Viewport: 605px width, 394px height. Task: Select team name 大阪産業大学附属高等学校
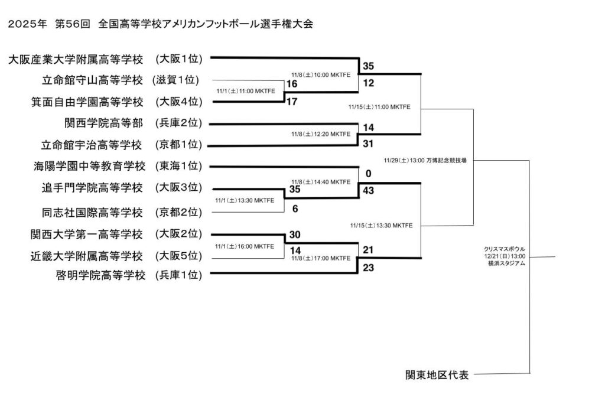pos(76,59)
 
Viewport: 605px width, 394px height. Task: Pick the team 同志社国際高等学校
pos(93,212)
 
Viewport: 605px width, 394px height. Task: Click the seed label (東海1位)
pos(178,167)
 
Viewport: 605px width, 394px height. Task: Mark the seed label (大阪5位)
pos(178,256)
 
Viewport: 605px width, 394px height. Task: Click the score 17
pos(291,102)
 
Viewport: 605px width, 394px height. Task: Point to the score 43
pos(369,191)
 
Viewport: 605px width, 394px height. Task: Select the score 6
pos(294,209)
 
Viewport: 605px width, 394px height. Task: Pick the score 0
pos(368,174)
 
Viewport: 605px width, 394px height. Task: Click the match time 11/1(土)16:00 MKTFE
pos(245,246)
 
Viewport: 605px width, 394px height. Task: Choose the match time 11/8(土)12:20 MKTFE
pos(321,134)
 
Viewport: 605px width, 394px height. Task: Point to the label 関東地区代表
pos(437,375)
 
